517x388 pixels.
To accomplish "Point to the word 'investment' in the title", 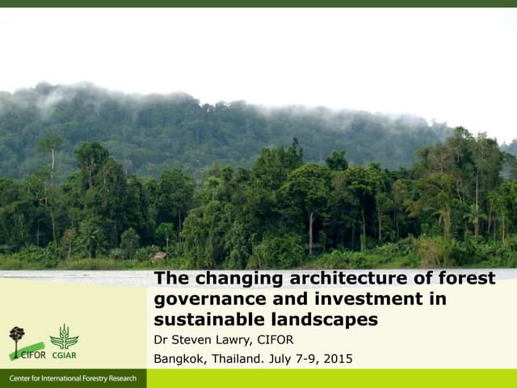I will point(398,299).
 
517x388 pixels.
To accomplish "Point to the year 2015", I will point(338,359).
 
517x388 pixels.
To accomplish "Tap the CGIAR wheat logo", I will point(64,338).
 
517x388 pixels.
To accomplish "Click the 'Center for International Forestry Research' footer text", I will point(73,379).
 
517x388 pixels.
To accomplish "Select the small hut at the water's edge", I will point(160,256).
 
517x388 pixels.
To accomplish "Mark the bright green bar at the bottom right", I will point(331,378).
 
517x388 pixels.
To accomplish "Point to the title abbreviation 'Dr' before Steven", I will point(162,339).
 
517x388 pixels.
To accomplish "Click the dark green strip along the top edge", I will point(258,3).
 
